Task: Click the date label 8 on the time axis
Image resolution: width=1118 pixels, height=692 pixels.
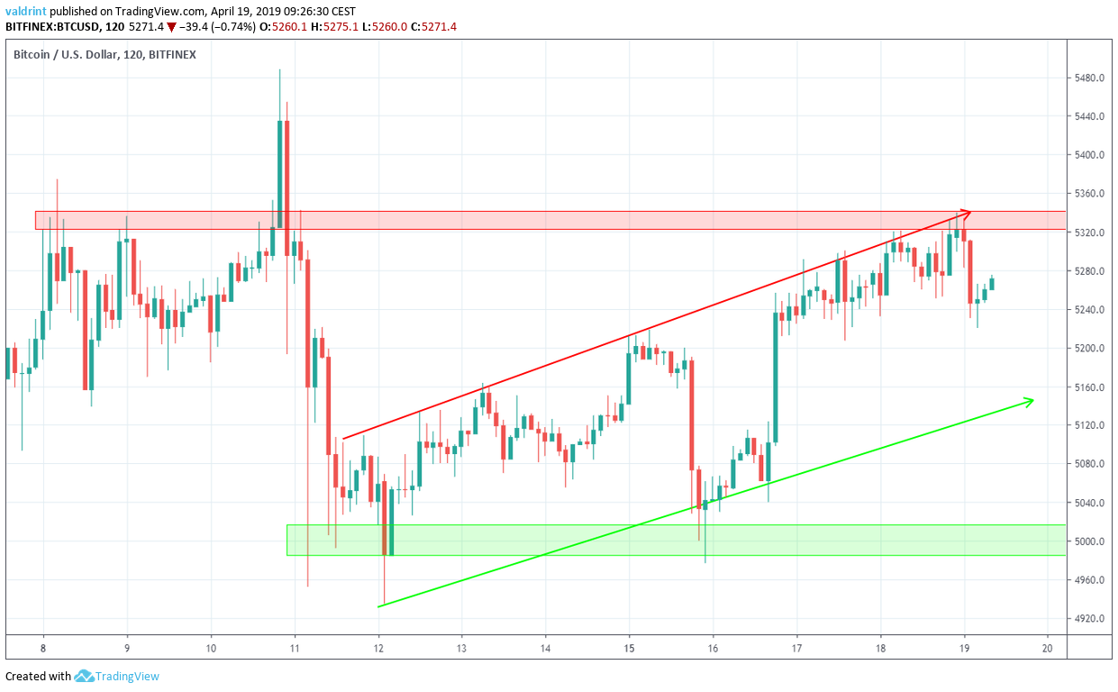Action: tap(43, 648)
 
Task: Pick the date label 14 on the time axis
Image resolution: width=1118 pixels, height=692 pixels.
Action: tap(545, 648)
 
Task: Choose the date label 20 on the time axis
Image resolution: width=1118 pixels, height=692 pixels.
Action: tap(1048, 648)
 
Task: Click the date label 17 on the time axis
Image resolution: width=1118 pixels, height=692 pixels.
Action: tap(796, 648)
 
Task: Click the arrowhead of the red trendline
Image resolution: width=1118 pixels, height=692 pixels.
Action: tap(967, 213)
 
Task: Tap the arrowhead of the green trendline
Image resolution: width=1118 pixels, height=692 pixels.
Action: tap(1029, 400)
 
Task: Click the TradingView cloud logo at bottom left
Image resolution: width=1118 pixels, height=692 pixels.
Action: tap(85, 676)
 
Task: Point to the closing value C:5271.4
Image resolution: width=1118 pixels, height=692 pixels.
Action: tap(432, 27)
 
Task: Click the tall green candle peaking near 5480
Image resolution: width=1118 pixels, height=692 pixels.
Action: tap(279, 171)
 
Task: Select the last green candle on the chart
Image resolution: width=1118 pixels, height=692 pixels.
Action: tap(992, 284)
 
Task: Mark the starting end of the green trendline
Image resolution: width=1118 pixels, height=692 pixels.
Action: tap(379, 606)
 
